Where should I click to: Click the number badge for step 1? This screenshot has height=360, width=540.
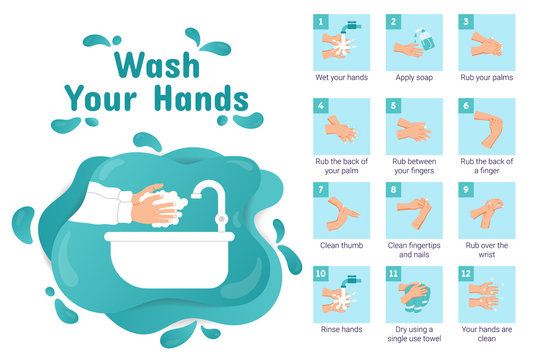tap(322, 20)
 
